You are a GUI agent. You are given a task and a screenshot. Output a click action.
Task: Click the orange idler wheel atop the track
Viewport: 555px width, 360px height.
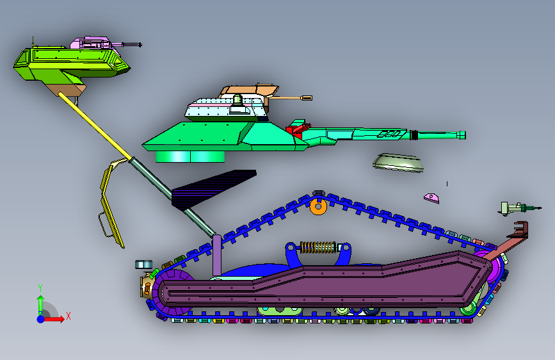(x=318, y=206)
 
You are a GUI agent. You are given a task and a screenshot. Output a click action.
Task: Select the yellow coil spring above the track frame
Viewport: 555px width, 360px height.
(x=319, y=247)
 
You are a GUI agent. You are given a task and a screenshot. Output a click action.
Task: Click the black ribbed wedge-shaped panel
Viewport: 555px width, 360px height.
(x=211, y=188)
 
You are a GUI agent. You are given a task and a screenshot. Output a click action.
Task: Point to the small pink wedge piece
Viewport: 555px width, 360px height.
(x=432, y=197)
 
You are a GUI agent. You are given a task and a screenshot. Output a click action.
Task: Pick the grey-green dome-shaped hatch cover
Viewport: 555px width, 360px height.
(x=398, y=163)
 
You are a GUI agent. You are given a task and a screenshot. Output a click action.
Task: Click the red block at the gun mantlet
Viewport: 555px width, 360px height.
(x=297, y=127)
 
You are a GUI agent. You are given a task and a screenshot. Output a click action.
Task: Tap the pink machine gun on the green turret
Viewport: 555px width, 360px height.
(x=96, y=44)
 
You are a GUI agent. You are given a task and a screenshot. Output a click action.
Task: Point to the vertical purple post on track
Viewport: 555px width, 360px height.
(x=218, y=256)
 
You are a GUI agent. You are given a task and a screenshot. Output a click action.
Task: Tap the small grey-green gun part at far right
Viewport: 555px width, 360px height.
(x=515, y=208)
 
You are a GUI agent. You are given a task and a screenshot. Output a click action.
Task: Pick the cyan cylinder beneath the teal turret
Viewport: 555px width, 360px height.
(x=192, y=156)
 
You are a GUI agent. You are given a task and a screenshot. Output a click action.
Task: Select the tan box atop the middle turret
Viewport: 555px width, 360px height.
(x=246, y=92)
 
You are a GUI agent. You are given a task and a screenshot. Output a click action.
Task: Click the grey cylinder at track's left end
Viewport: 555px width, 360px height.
(x=143, y=265)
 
